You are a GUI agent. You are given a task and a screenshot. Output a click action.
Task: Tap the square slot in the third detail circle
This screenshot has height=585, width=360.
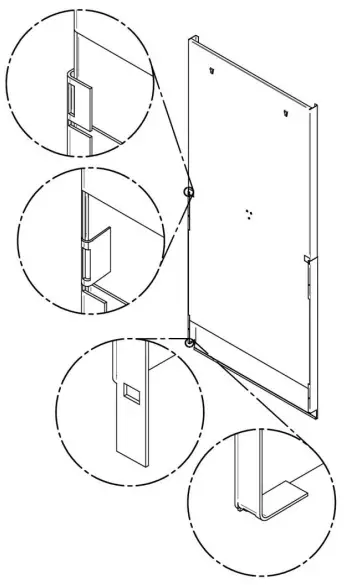(x=129, y=389)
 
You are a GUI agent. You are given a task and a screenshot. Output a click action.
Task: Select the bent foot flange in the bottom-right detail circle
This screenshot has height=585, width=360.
(x=286, y=493)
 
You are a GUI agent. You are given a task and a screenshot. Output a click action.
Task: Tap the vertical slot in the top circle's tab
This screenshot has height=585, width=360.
(x=73, y=99)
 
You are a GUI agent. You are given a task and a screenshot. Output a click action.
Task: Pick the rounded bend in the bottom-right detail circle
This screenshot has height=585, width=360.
(x=243, y=510)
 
